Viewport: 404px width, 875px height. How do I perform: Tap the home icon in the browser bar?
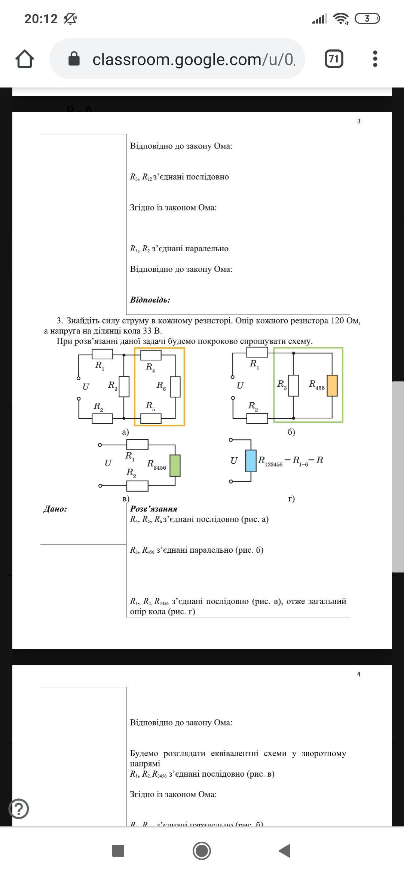coord(25,59)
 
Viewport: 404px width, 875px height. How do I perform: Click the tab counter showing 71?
coord(334,59)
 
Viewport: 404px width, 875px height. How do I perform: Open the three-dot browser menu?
coord(375,59)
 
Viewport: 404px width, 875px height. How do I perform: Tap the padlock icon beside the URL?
coord(74,59)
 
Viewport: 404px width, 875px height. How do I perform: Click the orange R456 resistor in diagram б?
coord(332,386)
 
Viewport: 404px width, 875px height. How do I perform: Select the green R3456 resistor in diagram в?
coord(175,466)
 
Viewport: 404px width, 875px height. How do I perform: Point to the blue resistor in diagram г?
coord(251,461)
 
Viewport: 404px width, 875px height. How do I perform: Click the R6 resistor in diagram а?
coord(175,387)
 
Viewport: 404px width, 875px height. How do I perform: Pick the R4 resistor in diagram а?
coord(151,355)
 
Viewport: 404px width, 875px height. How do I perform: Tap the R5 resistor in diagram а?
coord(151,418)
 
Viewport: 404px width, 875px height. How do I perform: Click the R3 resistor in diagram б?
coord(294,386)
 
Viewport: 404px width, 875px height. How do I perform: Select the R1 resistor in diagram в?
coord(137,445)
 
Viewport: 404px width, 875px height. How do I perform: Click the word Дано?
coord(55,509)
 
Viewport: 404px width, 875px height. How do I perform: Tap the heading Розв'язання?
coord(154,509)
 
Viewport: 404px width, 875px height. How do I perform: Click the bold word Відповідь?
coord(150,300)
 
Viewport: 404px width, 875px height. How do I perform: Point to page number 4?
coord(359,674)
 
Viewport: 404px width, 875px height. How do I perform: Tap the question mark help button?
coord(19,808)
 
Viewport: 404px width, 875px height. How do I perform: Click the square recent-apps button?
coord(118,851)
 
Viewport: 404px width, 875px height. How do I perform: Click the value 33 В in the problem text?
coord(152,331)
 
